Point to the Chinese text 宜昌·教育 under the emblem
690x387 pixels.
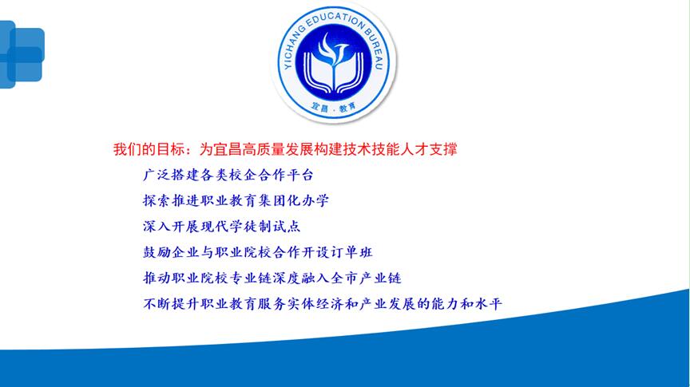tap(334, 107)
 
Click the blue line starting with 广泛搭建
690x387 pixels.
tap(228, 175)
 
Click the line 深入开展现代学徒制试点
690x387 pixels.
tap(221, 227)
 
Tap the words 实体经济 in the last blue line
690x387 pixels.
tap(315, 304)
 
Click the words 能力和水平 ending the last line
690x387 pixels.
tap(466, 304)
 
